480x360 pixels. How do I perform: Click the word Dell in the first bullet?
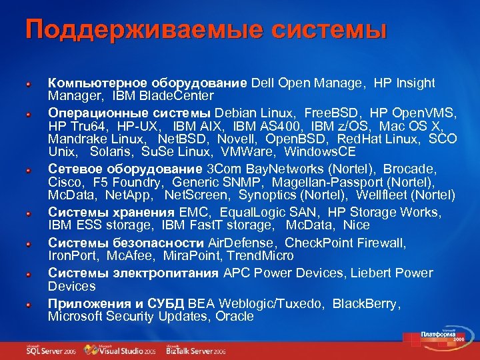click(263, 83)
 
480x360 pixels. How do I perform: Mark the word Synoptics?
click(268, 195)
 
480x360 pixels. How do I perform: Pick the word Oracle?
click(235, 317)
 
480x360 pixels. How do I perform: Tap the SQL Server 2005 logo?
click(50, 349)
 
